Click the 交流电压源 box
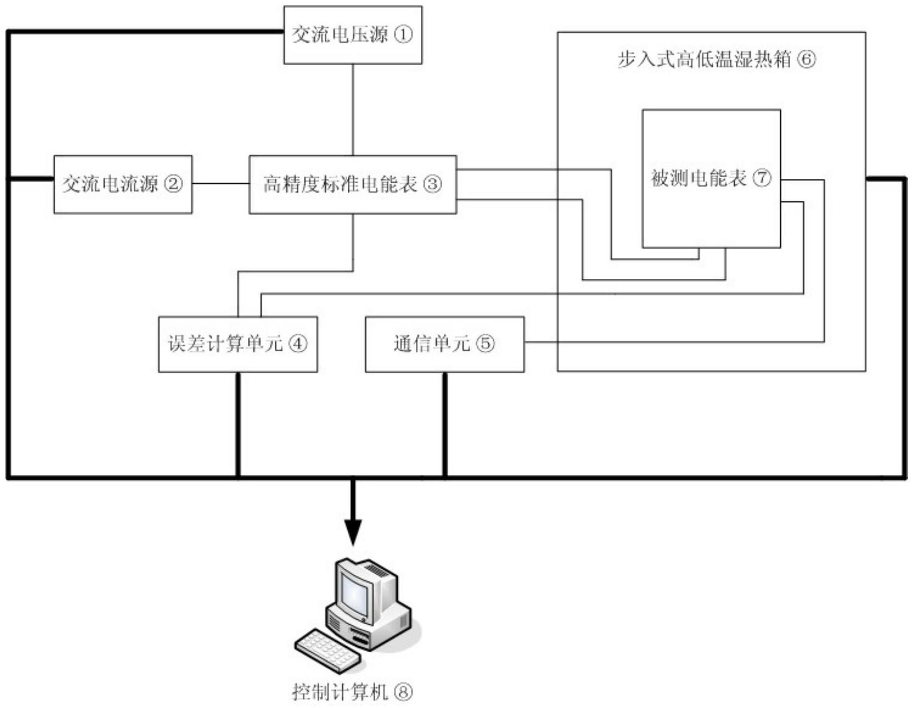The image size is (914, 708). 353,35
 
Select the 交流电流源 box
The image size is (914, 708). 122,184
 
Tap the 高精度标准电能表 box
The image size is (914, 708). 353,184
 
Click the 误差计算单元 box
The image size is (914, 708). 237,344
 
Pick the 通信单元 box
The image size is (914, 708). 444,344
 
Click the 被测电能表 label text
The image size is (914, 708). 698,178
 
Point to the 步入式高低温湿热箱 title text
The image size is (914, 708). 704,59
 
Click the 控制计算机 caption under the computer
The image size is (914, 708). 339,691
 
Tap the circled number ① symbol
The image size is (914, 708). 404,35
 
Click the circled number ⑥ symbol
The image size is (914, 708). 806,59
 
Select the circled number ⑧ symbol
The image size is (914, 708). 404,691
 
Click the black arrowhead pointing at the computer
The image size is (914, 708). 353,532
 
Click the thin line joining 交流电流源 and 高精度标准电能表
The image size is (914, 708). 220,184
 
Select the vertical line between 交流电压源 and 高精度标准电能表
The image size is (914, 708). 353,110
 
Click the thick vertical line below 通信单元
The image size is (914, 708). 444,424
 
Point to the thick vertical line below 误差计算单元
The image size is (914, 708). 238,424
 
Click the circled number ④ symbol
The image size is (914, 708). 298,344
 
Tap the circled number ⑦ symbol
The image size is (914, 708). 762,178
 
